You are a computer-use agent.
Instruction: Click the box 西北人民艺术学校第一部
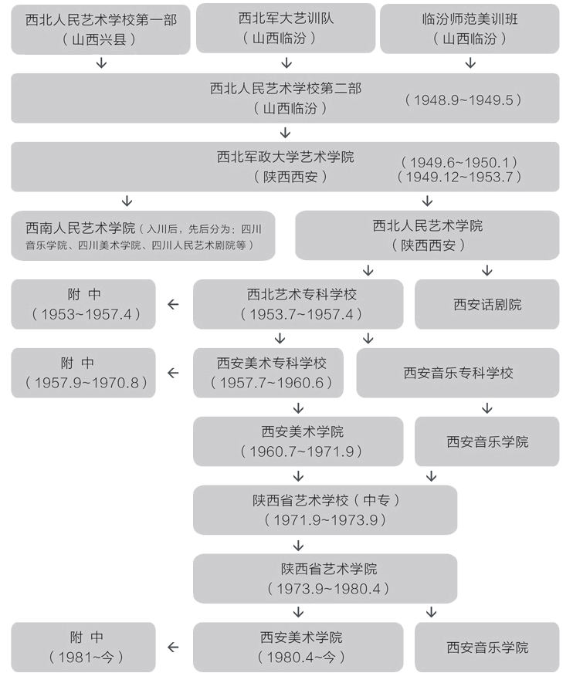coord(100,29)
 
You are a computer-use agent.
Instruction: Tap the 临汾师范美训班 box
coord(470,29)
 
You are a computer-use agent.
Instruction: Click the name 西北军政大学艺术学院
coord(285,157)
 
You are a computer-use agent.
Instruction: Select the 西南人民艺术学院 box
coord(143,235)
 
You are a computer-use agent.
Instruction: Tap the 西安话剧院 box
coord(487,304)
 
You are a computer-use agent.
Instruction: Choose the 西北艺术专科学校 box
coord(297,304)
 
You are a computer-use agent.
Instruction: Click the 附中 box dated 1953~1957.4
coord(83,304)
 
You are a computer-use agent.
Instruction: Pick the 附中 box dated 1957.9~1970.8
coord(83,373)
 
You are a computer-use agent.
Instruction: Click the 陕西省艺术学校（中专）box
coord(325,510)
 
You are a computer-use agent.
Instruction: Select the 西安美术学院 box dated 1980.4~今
coord(297,648)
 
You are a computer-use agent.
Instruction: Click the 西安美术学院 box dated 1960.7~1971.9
coord(297,441)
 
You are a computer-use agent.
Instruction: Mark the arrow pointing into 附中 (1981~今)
coord(174,648)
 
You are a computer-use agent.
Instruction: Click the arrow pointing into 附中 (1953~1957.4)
coord(174,304)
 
